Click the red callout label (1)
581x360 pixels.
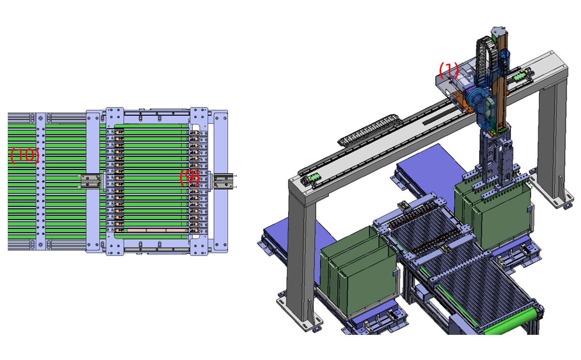coord(449,70)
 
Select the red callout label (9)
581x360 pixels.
coord(190,177)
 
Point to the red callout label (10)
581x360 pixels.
coord(25,155)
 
